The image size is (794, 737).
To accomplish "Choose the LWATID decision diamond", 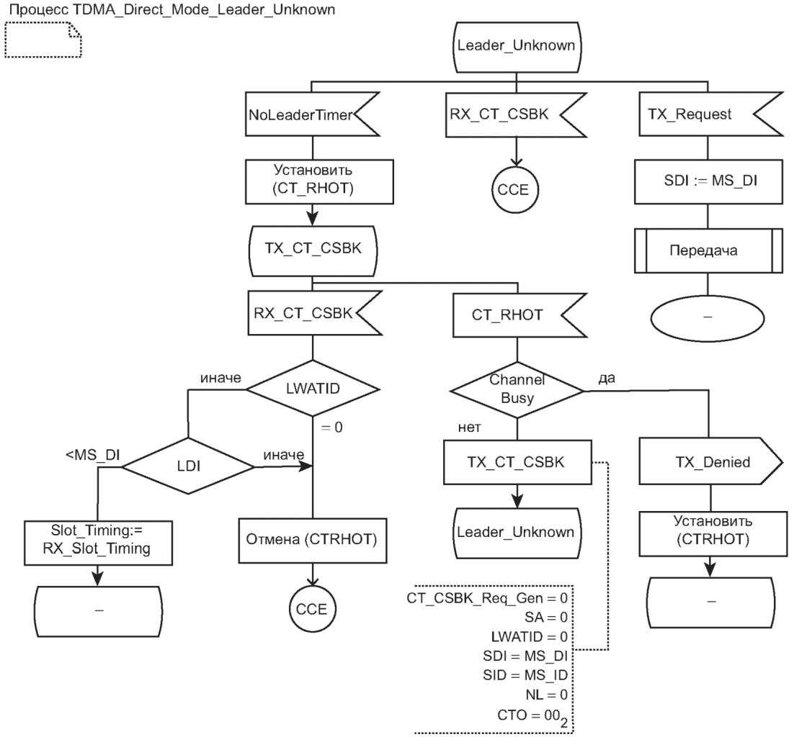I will tap(312, 389).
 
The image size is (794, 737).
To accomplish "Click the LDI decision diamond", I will tap(187, 467).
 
